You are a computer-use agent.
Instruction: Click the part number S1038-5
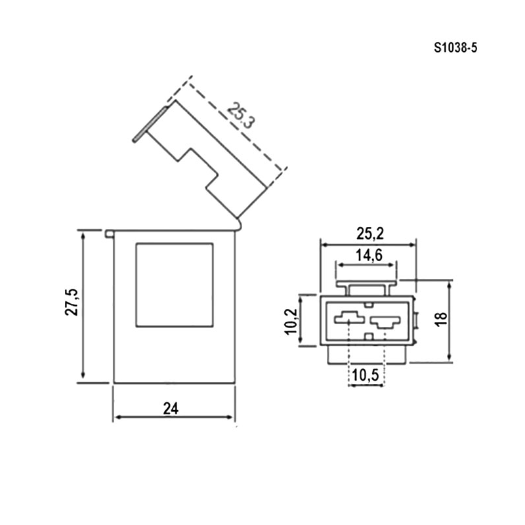click(x=455, y=48)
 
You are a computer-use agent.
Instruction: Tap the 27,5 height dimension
click(x=72, y=302)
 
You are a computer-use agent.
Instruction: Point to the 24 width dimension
click(x=171, y=408)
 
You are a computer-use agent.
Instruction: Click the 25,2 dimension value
click(x=369, y=234)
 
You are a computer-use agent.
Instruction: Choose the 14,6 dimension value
click(x=369, y=255)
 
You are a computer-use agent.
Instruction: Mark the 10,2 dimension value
click(x=291, y=321)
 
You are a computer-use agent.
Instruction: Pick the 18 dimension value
click(x=442, y=318)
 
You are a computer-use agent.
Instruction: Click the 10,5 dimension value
click(x=366, y=375)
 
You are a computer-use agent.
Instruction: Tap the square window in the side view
click(x=175, y=285)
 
